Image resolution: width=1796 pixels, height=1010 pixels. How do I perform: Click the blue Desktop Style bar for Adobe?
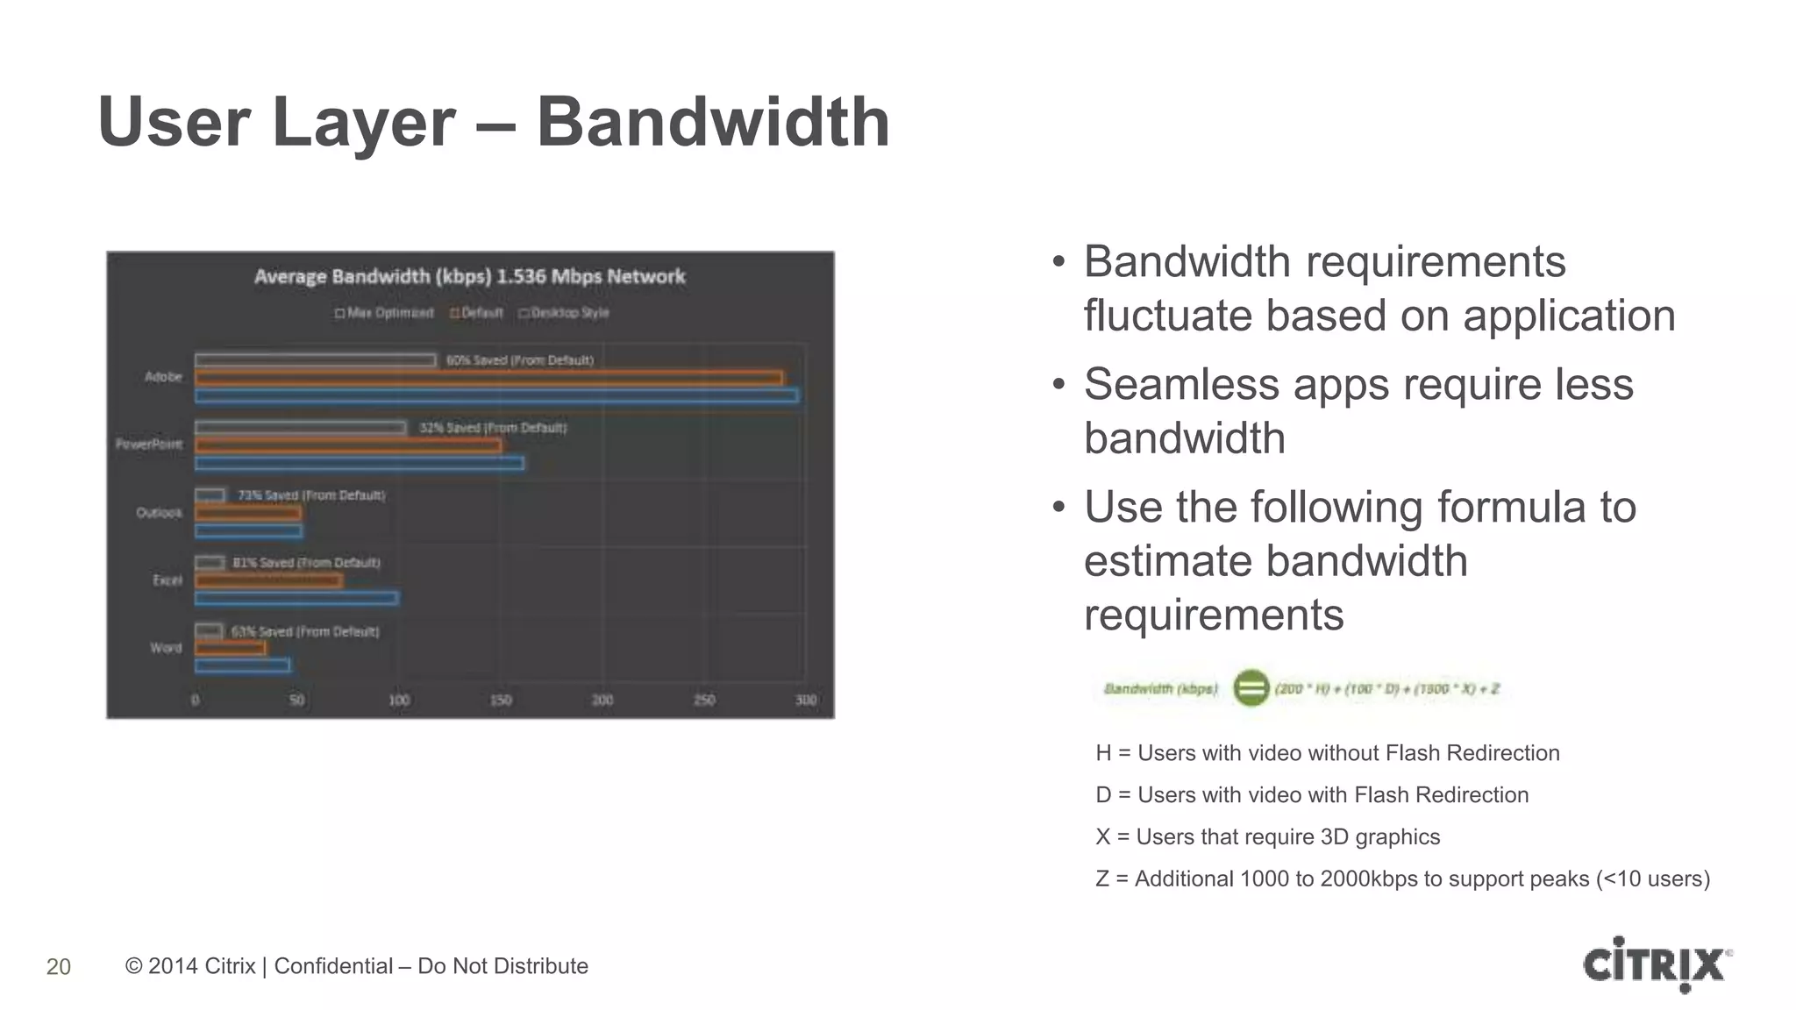(496, 396)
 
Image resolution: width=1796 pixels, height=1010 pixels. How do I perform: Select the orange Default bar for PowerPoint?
(348, 445)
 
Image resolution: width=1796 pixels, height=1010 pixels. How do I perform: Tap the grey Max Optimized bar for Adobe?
(315, 360)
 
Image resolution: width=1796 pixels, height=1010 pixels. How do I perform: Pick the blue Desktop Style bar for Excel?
(296, 599)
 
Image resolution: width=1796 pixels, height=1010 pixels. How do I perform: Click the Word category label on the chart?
(166, 648)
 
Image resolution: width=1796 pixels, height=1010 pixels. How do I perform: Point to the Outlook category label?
(159, 513)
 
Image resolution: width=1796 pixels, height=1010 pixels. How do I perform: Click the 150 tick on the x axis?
(501, 701)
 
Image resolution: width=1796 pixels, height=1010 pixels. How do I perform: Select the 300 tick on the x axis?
(805, 701)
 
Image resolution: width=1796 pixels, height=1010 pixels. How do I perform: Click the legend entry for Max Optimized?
(384, 313)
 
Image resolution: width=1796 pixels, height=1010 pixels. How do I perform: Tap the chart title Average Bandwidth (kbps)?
(469, 277)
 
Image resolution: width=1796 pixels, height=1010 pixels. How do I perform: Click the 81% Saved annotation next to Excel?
(306, 563)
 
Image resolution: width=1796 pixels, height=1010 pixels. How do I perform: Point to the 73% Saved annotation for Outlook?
(311, 495)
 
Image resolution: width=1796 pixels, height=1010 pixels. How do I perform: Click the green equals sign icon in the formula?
(1251, 688)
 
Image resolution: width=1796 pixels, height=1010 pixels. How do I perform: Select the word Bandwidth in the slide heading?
(713, 122)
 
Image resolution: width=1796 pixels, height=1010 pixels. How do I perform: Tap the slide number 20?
(59, 966)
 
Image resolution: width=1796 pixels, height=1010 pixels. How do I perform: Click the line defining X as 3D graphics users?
(1267, 836)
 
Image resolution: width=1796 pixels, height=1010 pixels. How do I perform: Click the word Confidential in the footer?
(333, 966)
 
